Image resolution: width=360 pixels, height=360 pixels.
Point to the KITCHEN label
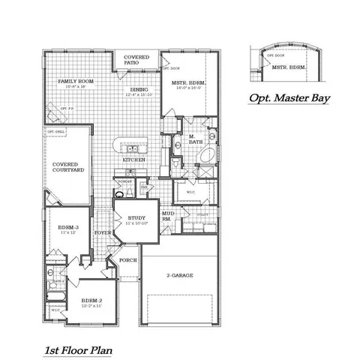pyautogui.click(x=133, y=160)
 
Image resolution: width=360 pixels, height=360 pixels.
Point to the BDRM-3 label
pyautogui.click(x=70, y=228)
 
